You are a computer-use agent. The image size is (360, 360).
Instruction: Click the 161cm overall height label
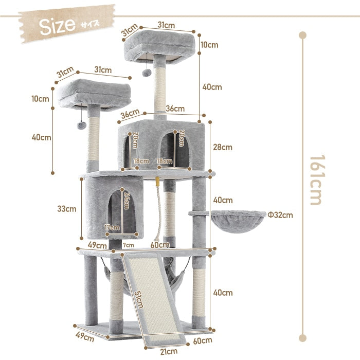coord(317,180)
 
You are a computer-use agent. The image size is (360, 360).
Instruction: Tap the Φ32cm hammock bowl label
coord(280,215)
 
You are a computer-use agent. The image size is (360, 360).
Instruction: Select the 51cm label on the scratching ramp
coord(139,300)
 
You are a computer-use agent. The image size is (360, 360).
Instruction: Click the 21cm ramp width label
coord(169,351)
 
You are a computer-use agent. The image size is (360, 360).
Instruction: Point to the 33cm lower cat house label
coord(66,209)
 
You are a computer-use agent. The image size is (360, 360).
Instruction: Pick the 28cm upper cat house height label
coord(223,147)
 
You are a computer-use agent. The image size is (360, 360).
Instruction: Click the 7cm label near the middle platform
coord(129,245)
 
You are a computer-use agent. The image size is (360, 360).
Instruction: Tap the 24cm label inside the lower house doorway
coord(127,201)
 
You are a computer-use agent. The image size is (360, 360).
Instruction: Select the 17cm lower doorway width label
coord(112,227)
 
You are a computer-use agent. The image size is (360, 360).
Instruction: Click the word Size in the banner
coord(57,26)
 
